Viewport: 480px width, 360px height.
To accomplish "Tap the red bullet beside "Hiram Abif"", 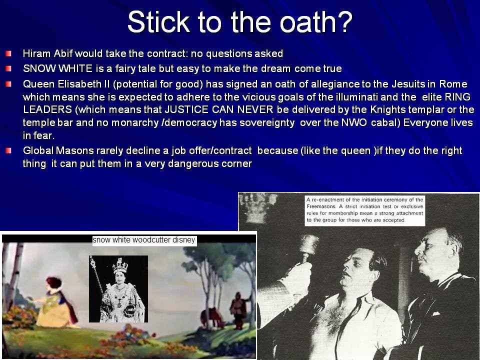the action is (x=8, y=53).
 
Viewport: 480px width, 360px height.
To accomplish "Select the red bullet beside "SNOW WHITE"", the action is (x=8, y=68).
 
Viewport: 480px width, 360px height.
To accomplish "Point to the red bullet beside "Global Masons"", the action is (x=8, y=150).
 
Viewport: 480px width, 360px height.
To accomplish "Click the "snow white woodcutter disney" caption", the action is (x=144, y=240).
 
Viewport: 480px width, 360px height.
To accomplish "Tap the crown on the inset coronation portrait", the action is (x=120, y=265).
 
